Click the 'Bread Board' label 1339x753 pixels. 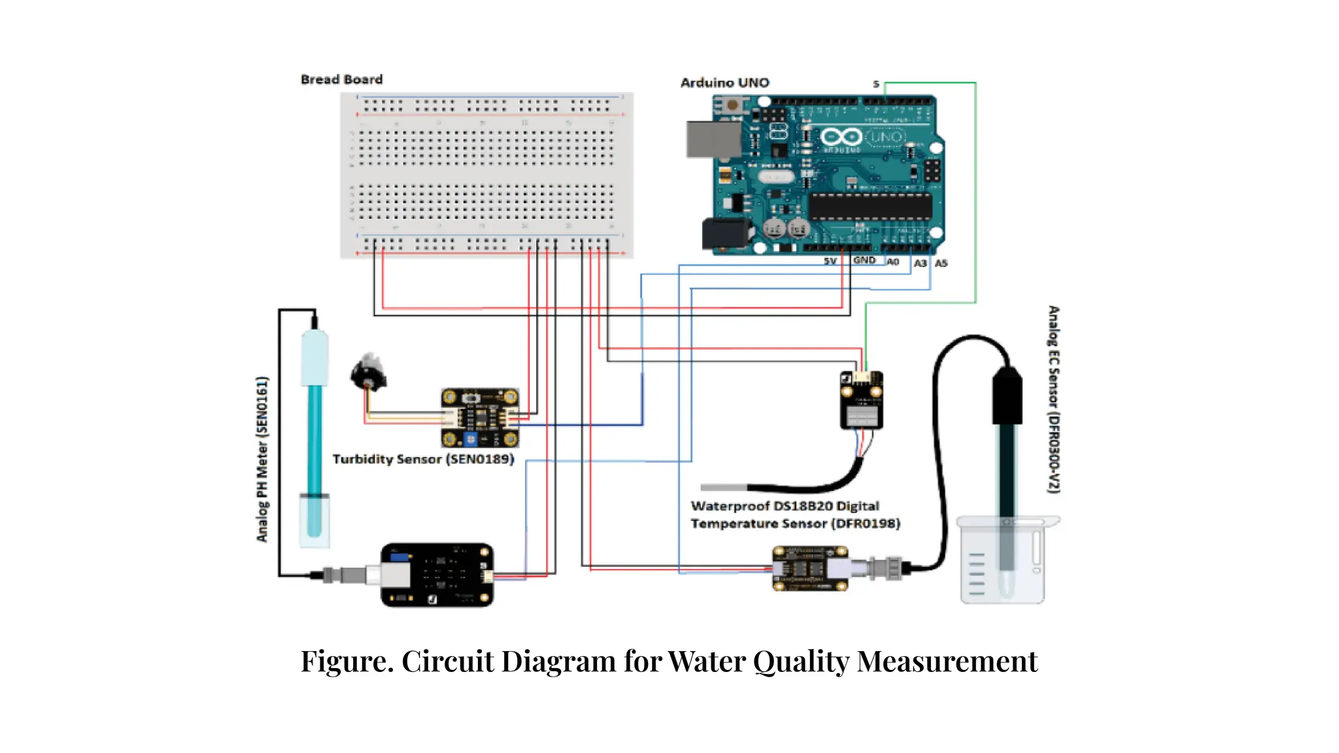(x=341, y=80)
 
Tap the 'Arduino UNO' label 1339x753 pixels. (x=724, y=83)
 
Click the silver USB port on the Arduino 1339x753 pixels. (x=713, y=139)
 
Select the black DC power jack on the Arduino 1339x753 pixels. (x=724, y=233)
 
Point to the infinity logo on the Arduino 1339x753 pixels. (x=841, y=137)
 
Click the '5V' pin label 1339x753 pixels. (x=830, y=261)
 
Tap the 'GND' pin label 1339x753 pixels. (x=864, y=260)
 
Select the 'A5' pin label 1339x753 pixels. (x=941, y=263)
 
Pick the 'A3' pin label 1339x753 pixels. (x=920, y=263)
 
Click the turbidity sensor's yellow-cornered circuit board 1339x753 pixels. (x=480, y=418)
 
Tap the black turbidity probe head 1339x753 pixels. (x=368, y=373)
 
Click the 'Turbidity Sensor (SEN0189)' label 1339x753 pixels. (x=423, y=460)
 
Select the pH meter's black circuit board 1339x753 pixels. (x=437, y=575)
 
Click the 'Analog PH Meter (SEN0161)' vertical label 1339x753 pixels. (x=262, y=459)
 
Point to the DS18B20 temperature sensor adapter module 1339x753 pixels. (x=861, y=400)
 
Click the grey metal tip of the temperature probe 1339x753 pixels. (x=723, y=488)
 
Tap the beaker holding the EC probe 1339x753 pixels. (x=1003, y=561)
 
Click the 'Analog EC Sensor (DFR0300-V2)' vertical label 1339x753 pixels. (x=1053, y=399)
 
